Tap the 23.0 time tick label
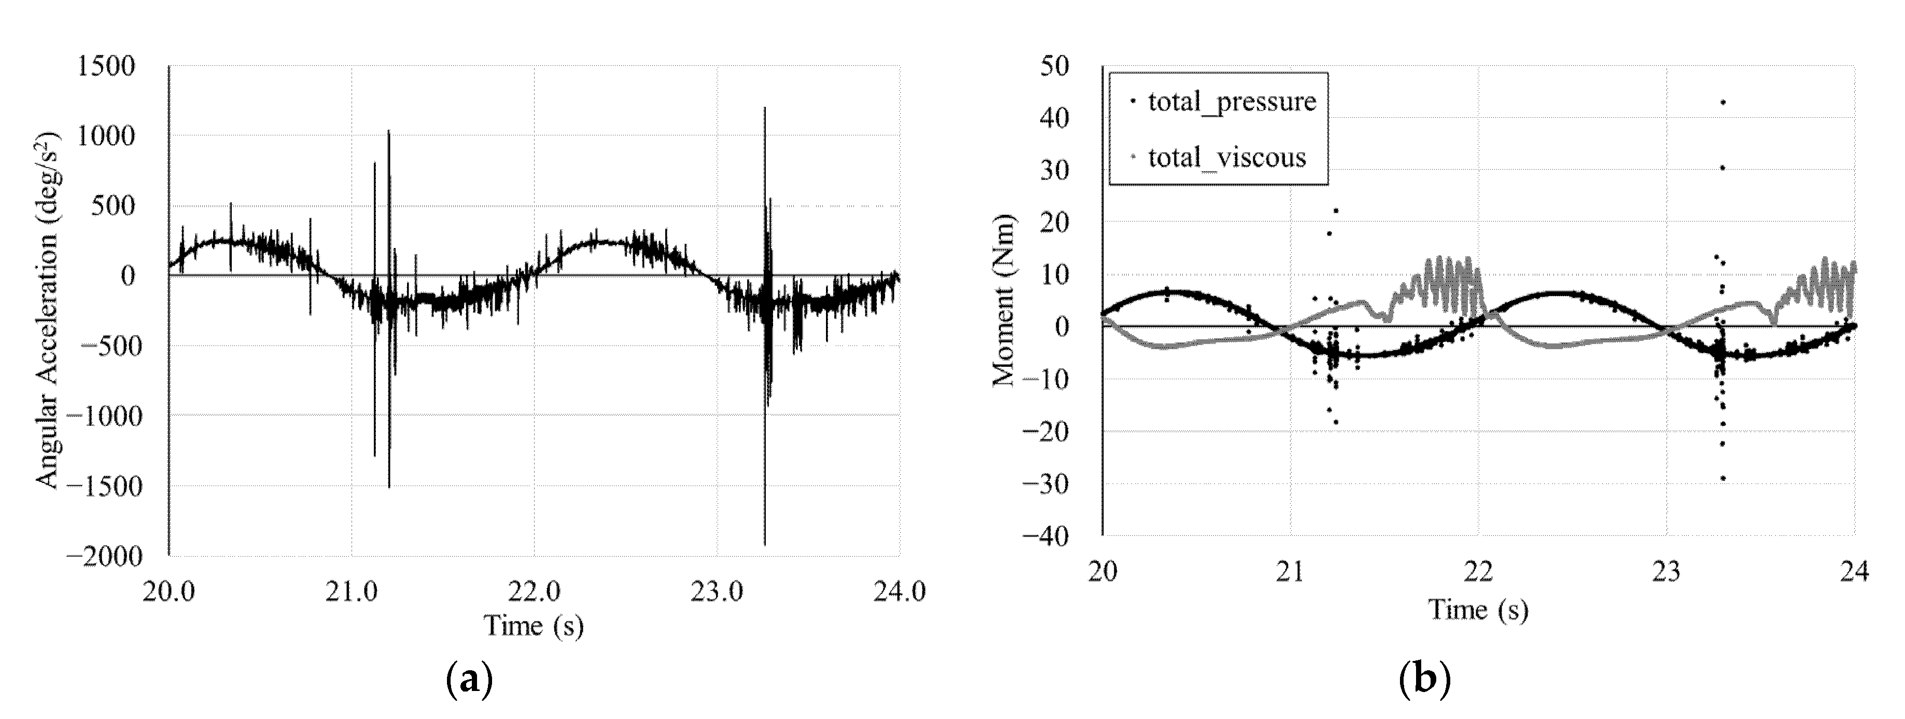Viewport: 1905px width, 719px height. coord(717,592)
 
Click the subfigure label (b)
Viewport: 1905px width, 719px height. coord(1424,679)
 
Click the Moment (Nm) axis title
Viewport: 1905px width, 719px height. coord(1003,300)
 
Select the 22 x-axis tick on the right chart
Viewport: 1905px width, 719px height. coord(1478,572)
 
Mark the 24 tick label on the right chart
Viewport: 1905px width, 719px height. coord(1854,572)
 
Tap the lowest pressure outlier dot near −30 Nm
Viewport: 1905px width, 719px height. coord(1722,478)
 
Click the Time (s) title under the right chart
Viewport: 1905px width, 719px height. coord(1478,610)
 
